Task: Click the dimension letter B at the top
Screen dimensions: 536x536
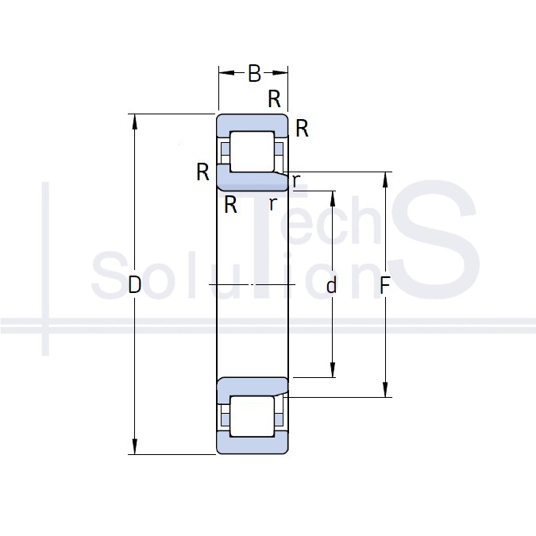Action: pyautogui.click(x=254, y=73)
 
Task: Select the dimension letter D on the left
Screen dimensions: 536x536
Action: pyautogui.click(x=135, y=285)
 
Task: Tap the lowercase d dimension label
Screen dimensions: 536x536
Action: pyautogui.click(x=331, y=285)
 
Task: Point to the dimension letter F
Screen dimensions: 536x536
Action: pyautogui.click(x=385, y=285)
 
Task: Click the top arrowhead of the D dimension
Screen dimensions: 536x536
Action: pyautogui.click(x=135, y=121)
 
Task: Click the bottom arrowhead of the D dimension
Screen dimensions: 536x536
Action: pyautogui.click(x=135, y=447)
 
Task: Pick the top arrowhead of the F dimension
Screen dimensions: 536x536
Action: pyautogui.click(x=385, y=179)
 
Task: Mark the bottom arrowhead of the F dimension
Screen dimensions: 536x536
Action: pyautogui.click(x=385, y=389)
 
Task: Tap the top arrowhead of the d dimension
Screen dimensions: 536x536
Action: pyautogui.click(x=333, y=199)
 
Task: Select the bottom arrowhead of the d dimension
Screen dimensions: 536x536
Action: pyautogui.click(x=333, y=369)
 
